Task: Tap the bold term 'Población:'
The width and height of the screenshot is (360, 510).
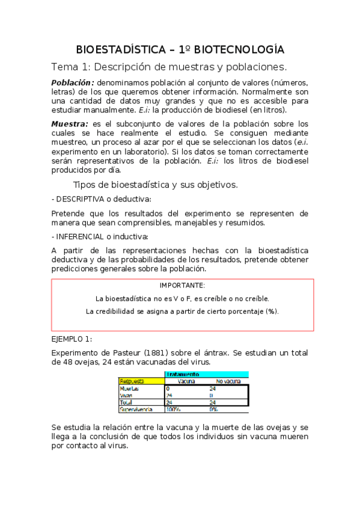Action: (x=73, y=83)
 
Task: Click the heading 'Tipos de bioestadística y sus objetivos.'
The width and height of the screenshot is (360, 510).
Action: (x=155, y=184)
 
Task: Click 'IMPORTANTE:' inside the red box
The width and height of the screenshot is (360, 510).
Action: (x=182, y=286)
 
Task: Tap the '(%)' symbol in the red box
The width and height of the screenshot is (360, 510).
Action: (x=272, y=311)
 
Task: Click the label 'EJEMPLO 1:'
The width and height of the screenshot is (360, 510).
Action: (x=72, y=339)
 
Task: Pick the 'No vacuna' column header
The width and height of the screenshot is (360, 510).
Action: (x=227, y=381)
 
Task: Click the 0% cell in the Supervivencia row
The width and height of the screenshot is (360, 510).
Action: (x=213, y=410)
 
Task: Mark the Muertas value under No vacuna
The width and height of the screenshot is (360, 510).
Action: (x=213, y=389)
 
